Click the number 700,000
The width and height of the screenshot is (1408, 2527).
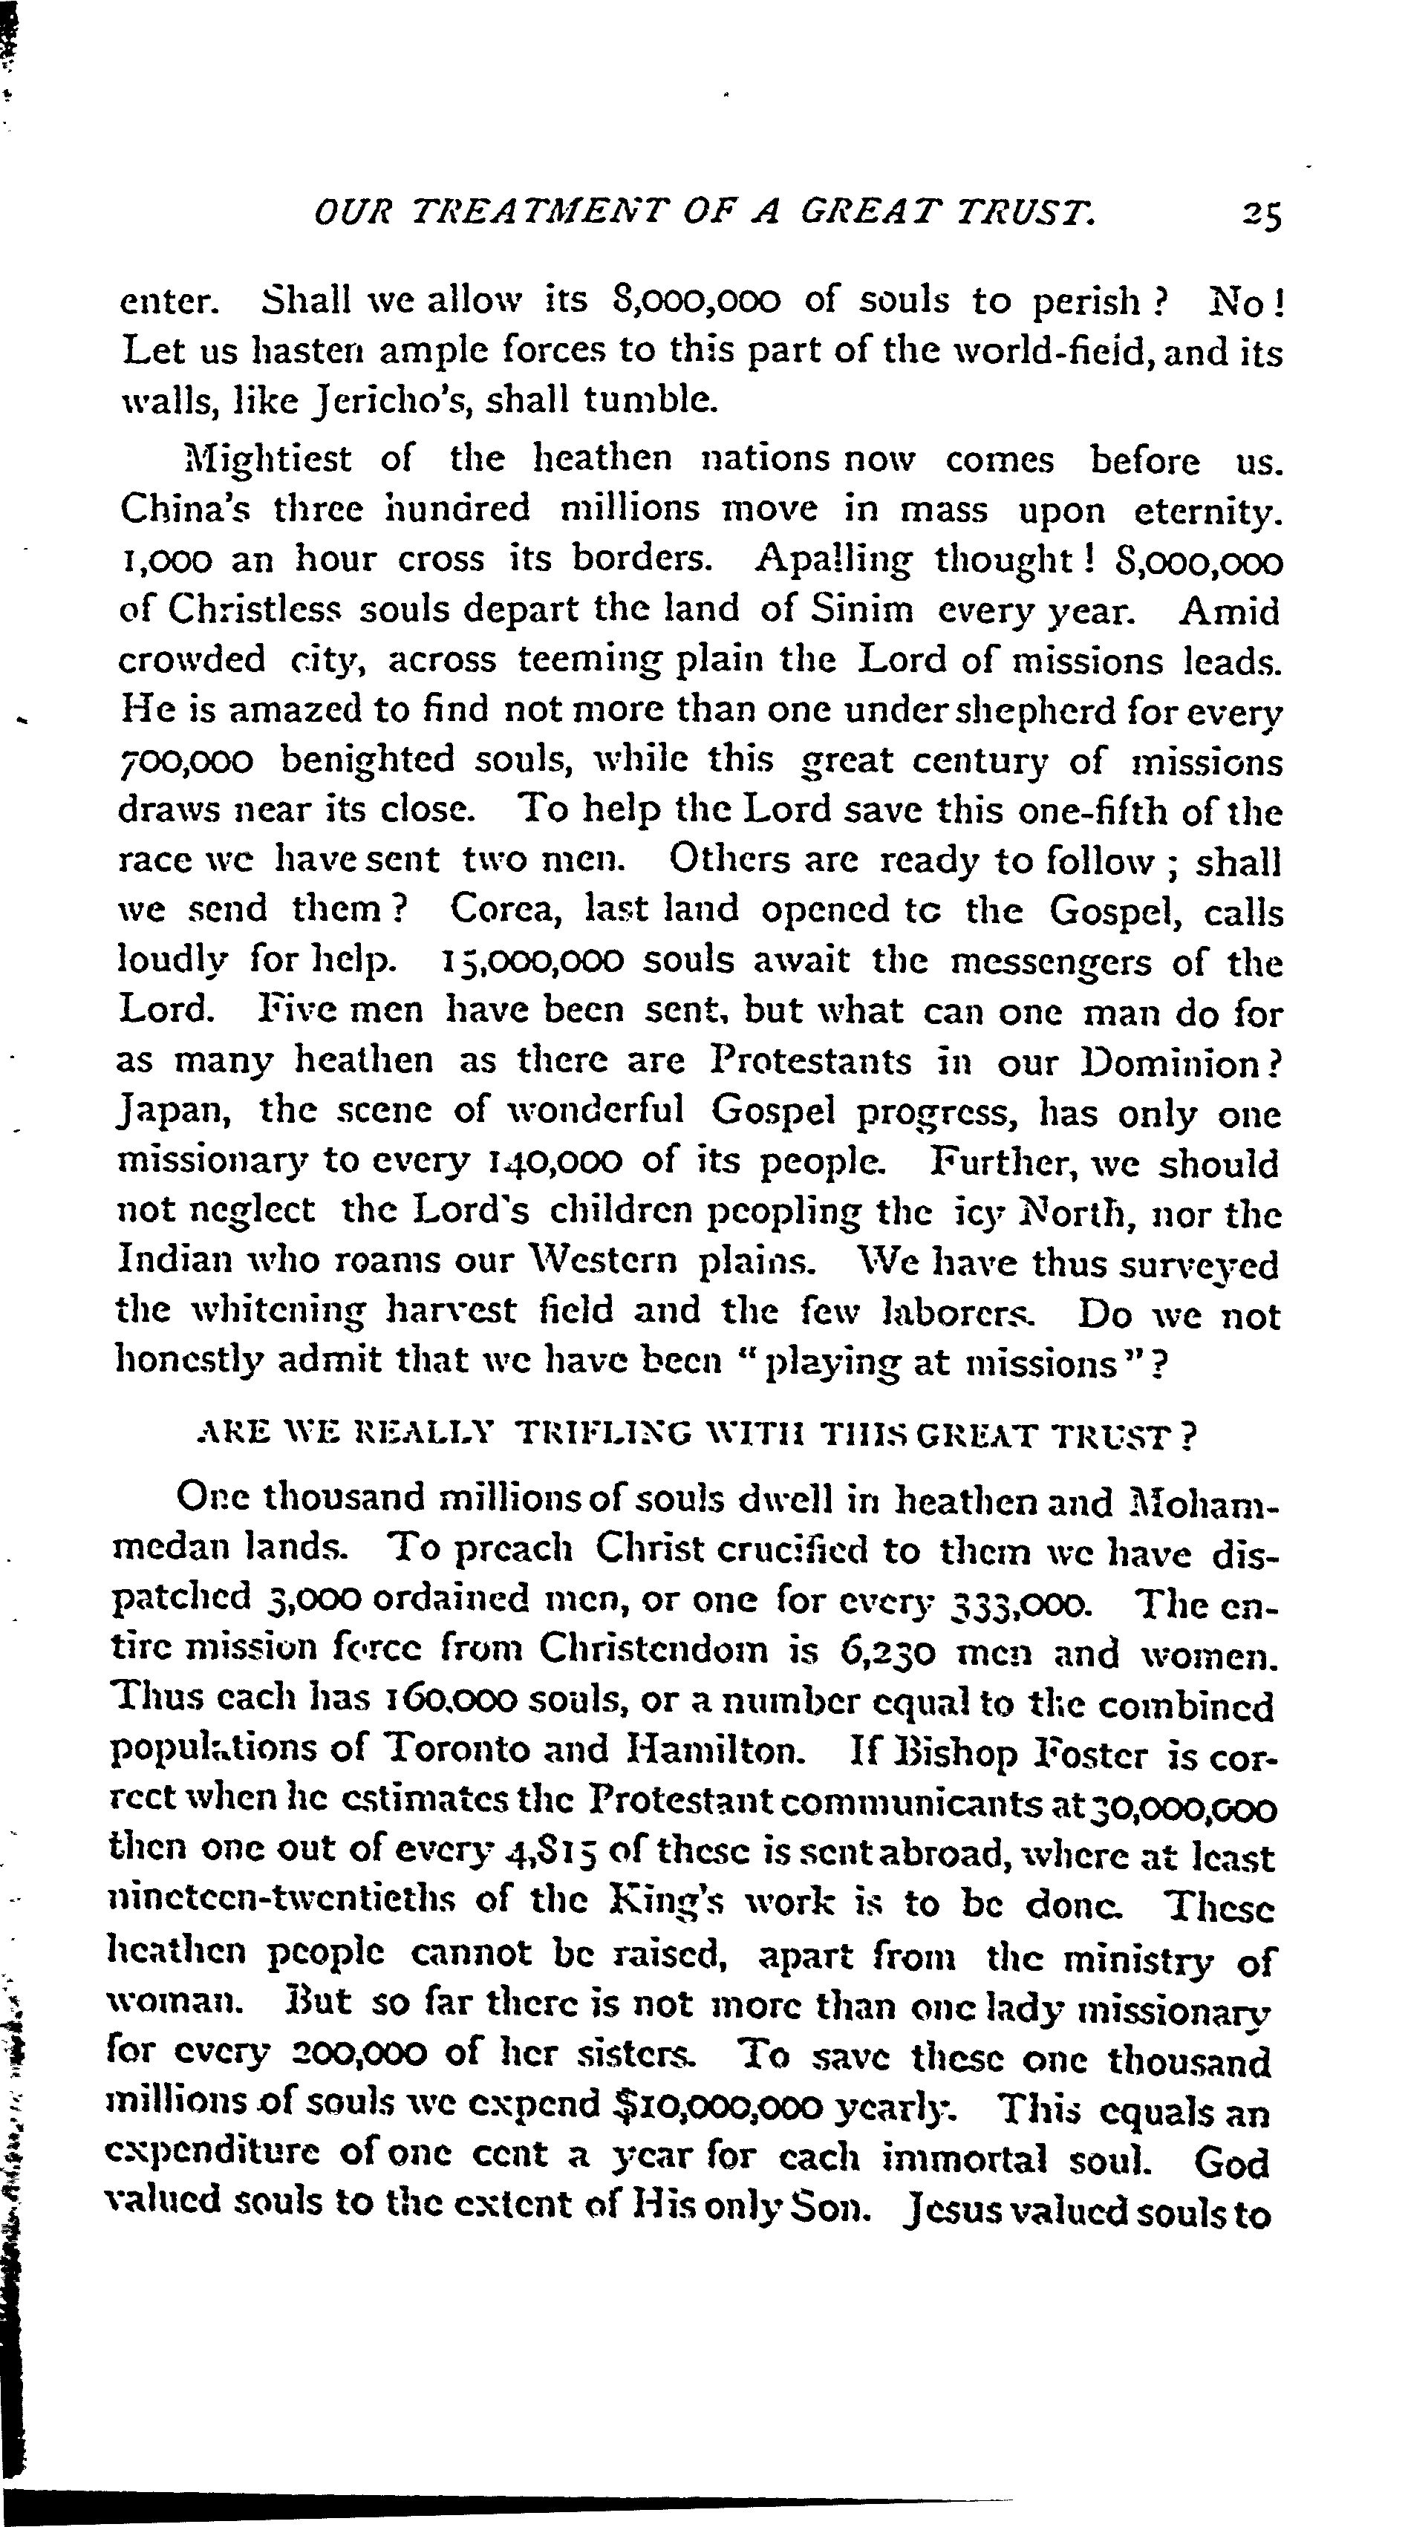[x=186, y=761]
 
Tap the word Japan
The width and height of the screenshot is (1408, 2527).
[x=174, y=1113]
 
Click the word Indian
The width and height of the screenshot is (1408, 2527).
[x=174, y=1262]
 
